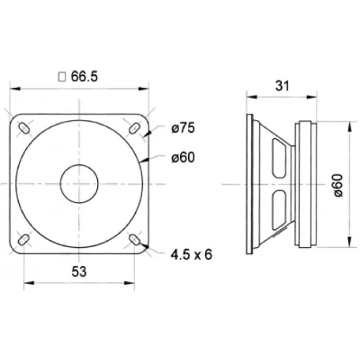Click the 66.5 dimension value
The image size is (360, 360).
pos(88,77)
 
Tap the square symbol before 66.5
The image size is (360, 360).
pos(62,77)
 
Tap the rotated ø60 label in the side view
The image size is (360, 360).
pos(338,184)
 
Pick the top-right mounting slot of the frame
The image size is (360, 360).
pos(135,128)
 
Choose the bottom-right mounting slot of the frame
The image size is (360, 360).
pos(135,238)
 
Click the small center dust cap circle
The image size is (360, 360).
pos(81,182)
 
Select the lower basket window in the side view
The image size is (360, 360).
pos(276,213)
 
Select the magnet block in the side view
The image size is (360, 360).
pos(306,182)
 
